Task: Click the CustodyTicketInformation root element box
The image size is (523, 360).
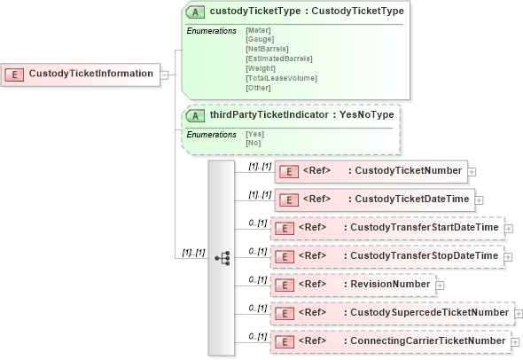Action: (81, 74)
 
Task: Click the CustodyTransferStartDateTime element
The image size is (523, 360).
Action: (386, 228)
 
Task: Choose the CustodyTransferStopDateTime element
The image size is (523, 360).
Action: (386, 256)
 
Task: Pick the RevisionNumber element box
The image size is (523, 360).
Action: (353, 285)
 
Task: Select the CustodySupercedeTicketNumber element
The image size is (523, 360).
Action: (391, 313)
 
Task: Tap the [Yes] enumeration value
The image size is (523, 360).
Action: (255, 134)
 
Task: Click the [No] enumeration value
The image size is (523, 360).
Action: (254, 143)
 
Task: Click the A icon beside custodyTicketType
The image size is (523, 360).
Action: (194, 12)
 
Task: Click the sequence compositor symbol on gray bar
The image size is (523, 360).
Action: (222, 258)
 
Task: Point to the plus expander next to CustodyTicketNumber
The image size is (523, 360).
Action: (472, 171)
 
